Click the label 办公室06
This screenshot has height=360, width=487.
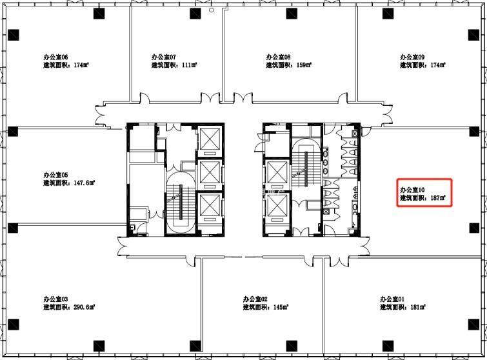(x=55, y=57)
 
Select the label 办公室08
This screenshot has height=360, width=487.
(x=278, y=57)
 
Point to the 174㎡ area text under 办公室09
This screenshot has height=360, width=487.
(x=438, y=65)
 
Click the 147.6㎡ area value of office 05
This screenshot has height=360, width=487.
(x=84, y=183)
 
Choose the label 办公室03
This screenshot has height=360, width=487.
(x=55, y=299)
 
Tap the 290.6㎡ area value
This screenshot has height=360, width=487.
(x=84, y=307)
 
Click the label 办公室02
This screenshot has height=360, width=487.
(x=255, y=299)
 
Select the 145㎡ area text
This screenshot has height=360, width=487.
(x=281, y=307)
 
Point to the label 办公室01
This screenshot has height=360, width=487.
(x=392, y=299)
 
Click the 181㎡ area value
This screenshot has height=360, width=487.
(x=418, y=307)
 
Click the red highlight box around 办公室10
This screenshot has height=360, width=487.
(x=397, y=192)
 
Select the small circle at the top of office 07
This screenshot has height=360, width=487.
(x=212, y=10)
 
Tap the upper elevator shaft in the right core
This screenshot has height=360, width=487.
(x=277, y=174)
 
